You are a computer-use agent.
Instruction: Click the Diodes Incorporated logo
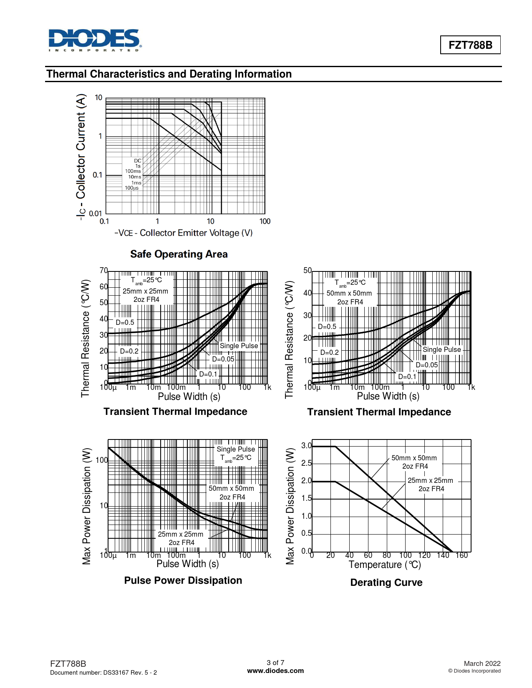[x=95, y=40]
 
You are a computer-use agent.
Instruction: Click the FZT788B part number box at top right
[x=470, y=45]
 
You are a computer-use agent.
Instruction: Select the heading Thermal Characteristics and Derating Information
[x=169, y=74]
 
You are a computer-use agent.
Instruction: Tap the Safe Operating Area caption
[x=179, y=254]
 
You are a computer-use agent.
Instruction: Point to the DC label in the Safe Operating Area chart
[x=137, y=161]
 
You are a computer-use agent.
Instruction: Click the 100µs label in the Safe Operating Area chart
[x=132, y=188]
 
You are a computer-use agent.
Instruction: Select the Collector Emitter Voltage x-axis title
[x=184, y=233]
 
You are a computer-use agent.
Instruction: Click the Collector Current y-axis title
[x=81, y=156]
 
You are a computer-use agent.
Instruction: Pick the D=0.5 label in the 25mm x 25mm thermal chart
[x=125, y=322]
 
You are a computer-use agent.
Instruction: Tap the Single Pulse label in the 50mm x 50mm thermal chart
[x=441, y=349]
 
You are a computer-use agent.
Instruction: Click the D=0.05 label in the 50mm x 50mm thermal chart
[x=426, y=365]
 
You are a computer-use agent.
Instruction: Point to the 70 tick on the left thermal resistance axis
[x=103, y=271]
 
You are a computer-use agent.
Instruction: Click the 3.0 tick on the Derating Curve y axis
[x=306, y=446]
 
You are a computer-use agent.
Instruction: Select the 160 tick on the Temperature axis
[x=461, y=555]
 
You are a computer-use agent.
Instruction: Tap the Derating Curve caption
[x=386, y=583]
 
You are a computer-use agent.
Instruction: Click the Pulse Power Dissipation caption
[x=183, y=580]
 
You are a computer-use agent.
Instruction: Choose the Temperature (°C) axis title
[x=384, y=565]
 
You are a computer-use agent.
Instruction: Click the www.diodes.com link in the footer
[x=275, y=670]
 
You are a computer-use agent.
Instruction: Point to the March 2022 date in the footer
[x=482, y=663]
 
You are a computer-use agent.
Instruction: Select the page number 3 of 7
[x=275, y=663]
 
